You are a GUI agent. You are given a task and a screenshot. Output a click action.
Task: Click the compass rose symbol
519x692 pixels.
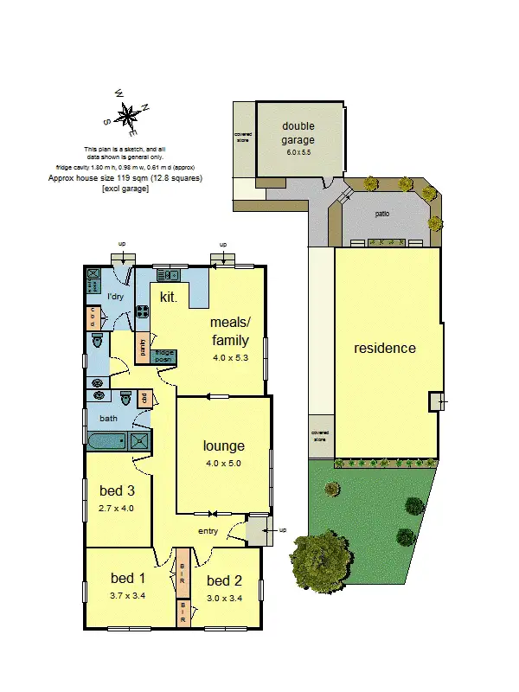(x=128, y=116)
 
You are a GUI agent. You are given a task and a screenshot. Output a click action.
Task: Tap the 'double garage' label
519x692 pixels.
(x=298, y=133)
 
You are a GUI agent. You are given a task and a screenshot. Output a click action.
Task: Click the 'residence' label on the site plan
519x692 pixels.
(x=385, y=349)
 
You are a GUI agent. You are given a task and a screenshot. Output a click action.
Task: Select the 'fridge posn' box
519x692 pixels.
(x=163, y=355)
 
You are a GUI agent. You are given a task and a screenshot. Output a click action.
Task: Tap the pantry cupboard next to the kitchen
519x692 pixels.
(x=141, y=348)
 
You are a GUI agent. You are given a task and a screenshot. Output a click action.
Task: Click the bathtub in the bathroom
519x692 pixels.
(x=107, y=442)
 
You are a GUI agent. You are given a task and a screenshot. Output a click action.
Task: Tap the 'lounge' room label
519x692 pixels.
(x=224, y=446)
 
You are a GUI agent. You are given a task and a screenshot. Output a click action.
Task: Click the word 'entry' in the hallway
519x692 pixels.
(x=208, y=531)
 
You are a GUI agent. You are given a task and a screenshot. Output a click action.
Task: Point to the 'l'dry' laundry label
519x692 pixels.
(x=117, y=297)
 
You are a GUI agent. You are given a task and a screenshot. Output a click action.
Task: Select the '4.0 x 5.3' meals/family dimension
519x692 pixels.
(x=230, y=356)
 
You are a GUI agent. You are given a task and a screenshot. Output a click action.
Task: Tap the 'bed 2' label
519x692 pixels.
(x=225, y=580)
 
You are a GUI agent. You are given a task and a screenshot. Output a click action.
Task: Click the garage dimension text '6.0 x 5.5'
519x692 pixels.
(x=298, y=151)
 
